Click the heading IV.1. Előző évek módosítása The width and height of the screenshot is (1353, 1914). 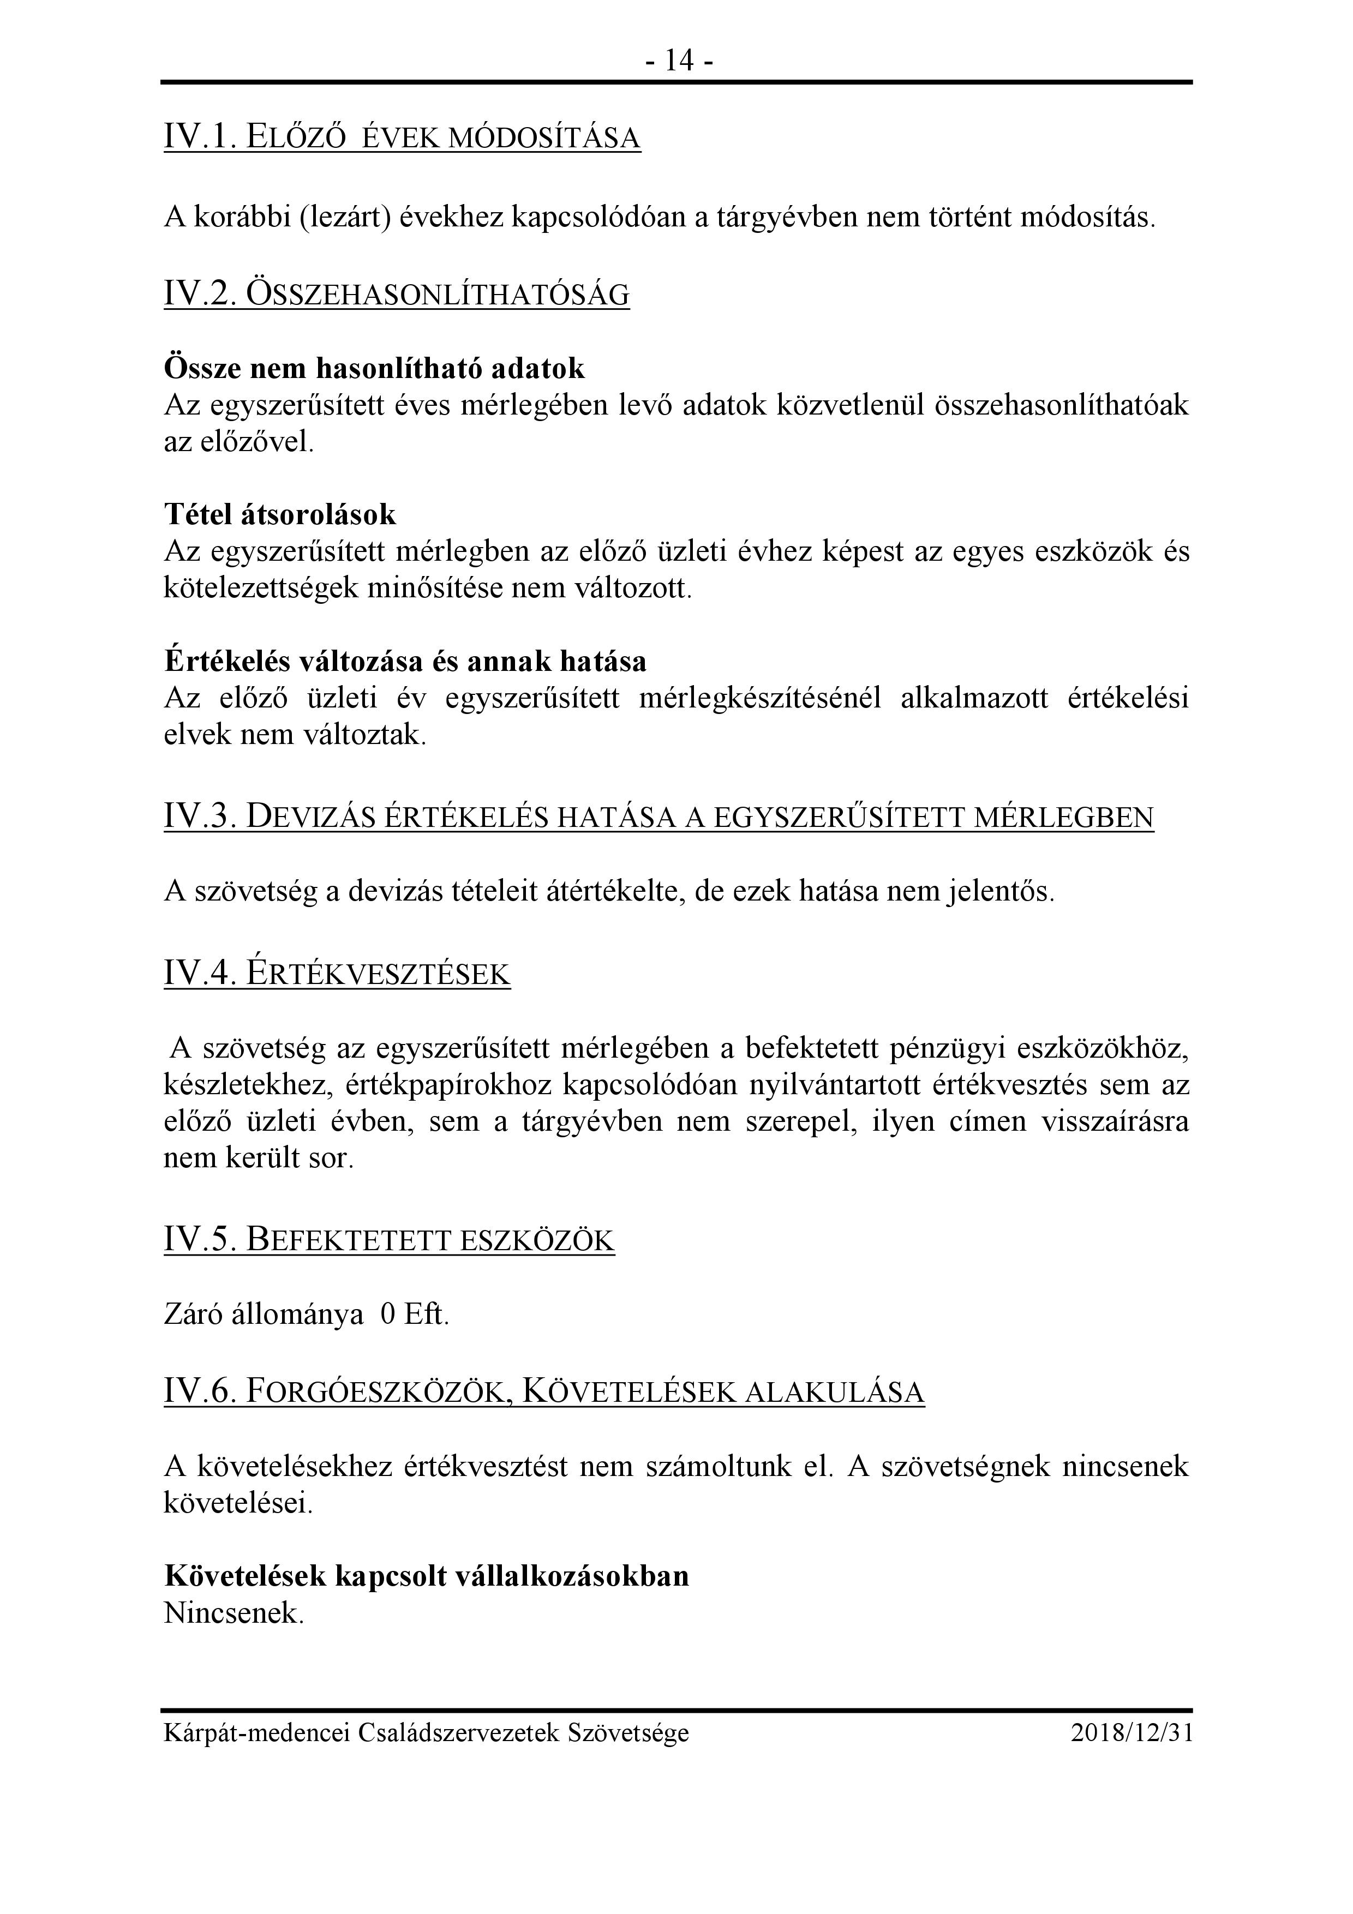(x=402, y=137)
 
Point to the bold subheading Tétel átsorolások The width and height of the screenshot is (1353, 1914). (x=280, y=514)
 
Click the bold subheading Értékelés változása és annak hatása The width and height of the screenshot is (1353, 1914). (x=405, y=661)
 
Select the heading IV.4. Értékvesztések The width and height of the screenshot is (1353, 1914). (x=337, y=974)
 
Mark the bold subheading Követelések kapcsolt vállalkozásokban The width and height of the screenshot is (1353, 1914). (x=427, y=1576)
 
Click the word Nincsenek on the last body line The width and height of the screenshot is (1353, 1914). (x=234, y=1613)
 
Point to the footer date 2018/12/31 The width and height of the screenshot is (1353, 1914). (x=1132, y=1733)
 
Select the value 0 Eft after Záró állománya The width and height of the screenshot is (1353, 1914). (x=414, y=1315)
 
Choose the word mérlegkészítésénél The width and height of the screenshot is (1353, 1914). (x=759, y=699)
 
